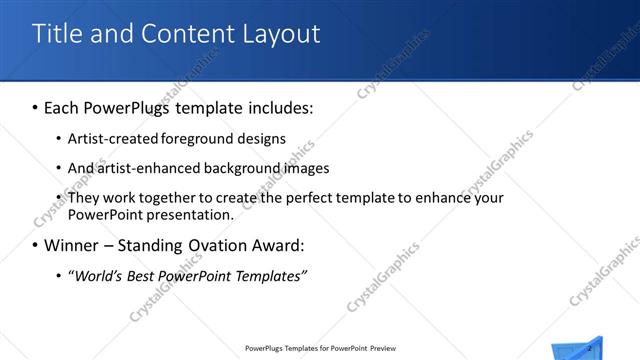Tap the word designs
click(262, 139)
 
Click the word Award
click(281, 245)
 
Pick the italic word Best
click(149, 276)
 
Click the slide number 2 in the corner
click(591, 347)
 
